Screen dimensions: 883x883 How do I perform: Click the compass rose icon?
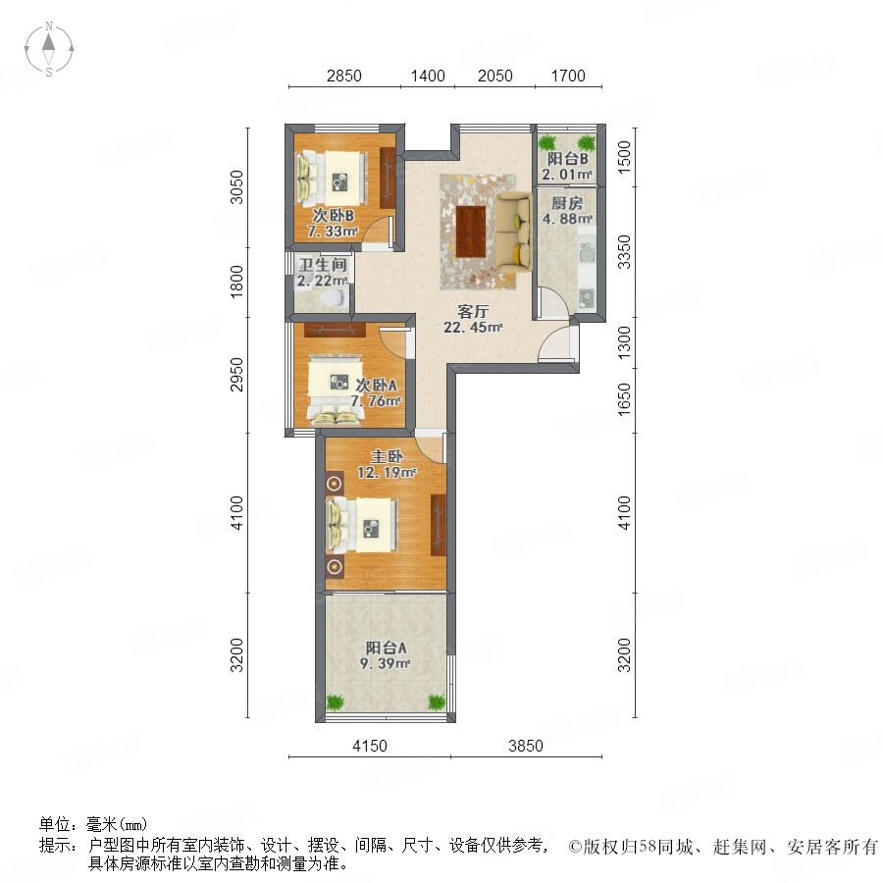tap(49, 49)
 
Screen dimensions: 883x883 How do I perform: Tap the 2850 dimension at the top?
tap(344, 76)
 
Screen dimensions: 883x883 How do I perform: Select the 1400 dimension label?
tap(428, 76)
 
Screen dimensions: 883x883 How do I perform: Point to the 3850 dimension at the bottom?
tap(526, 746)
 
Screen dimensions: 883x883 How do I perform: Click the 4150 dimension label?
tap(370, 746)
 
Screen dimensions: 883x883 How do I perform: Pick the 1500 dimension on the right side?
tap(625, 157)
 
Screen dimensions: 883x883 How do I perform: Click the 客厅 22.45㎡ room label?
tap(473, 319)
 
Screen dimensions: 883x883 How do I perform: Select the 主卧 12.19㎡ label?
tap(387, 465)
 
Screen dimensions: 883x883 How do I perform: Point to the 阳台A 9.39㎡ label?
tap(386, 655)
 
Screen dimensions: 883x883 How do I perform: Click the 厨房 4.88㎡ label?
tap(567, 211)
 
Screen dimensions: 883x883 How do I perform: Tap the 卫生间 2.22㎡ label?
tap(322, 273)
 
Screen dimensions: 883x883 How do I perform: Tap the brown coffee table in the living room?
tap(471, 232)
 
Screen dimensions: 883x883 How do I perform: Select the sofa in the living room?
tap(513, 231)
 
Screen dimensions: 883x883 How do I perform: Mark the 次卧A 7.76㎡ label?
tap(376, 393)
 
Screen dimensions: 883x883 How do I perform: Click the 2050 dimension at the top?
tap(495, 76)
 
